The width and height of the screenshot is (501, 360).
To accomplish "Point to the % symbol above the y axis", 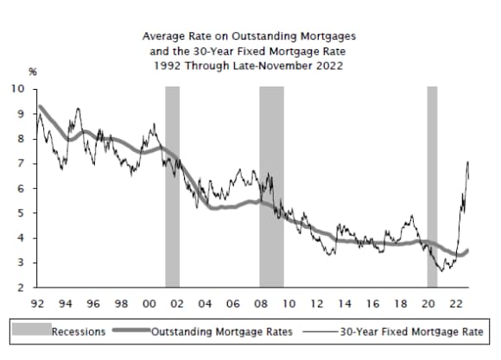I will click(x=32, y=73).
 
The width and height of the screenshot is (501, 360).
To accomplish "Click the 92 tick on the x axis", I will click(x=38, y=304).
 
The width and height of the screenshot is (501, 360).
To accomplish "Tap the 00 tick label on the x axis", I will click(x=149, y=304).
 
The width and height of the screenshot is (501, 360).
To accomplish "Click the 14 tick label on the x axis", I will click(x=344, y=304).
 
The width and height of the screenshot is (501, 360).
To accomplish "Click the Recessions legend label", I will click(x=79, y=331).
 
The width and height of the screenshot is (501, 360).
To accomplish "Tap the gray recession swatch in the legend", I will click(x=33, y=331).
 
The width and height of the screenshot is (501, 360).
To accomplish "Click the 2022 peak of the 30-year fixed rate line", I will click(x=467, y=162).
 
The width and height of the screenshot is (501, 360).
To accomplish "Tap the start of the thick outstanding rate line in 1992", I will click(x=41, y=107).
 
